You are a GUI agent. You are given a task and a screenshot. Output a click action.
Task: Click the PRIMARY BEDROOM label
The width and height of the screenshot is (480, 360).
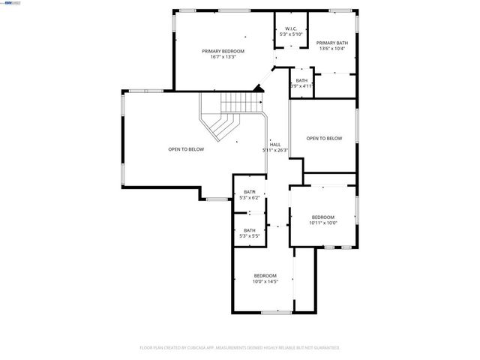[x=223, y=51]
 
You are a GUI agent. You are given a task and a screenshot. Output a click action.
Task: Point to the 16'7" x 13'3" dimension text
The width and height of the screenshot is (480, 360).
[x=223, y=57]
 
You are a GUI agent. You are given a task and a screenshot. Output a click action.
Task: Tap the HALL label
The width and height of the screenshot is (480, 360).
[x=275, y=144]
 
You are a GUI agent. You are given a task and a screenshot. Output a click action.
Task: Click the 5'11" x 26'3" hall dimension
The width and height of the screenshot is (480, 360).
[x=275, y=150]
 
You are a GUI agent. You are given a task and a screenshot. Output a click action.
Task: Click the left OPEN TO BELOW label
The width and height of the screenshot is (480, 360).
[x=186, y=149]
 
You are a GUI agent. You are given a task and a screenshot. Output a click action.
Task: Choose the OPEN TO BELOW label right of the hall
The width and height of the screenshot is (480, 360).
[x=324, y=138]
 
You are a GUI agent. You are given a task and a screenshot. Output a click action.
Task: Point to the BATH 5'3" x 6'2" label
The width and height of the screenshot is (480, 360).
[x=249, y=195]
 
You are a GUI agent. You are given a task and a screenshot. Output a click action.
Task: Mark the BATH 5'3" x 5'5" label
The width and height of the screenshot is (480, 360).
[x=249, y=233]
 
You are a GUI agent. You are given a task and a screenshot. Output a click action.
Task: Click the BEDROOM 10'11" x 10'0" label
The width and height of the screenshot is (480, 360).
[x=323, y=219]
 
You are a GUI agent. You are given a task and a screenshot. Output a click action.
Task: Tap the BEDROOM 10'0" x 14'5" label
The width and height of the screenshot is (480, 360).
[x=265, y=278]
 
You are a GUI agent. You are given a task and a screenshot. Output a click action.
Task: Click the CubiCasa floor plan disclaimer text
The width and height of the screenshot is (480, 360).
[x=240, y=347]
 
